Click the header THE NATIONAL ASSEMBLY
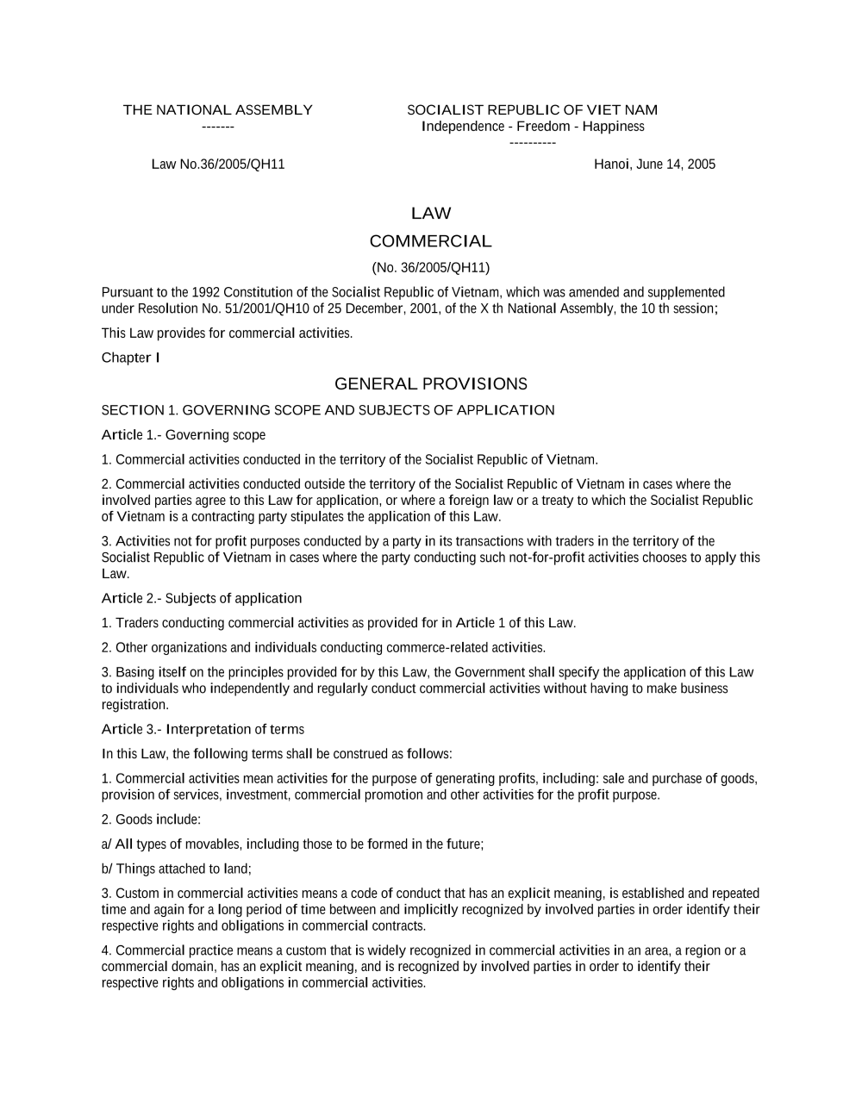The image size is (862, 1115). point(217,110)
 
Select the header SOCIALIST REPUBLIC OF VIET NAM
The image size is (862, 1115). point(532,110)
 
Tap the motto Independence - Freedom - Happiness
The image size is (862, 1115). point(533,127)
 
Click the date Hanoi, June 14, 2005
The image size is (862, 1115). point(654,165)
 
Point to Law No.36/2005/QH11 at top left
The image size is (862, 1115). point(218,165)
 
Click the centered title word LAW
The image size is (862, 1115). point(431,214)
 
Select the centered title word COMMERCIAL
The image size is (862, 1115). point(430,241)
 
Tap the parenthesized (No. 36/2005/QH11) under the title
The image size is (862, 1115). point(430,267)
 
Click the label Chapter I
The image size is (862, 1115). point(130,358)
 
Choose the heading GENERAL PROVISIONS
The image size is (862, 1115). point(430,384)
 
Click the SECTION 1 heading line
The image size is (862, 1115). point(328,410)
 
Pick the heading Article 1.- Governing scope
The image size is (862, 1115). point(184,435)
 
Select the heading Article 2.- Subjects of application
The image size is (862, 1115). point(202,599)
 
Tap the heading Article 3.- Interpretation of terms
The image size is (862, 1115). point(203,730)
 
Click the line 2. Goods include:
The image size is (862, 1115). point(151,820)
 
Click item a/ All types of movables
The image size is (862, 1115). point(292,844)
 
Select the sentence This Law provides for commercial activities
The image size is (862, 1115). point(227,333)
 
